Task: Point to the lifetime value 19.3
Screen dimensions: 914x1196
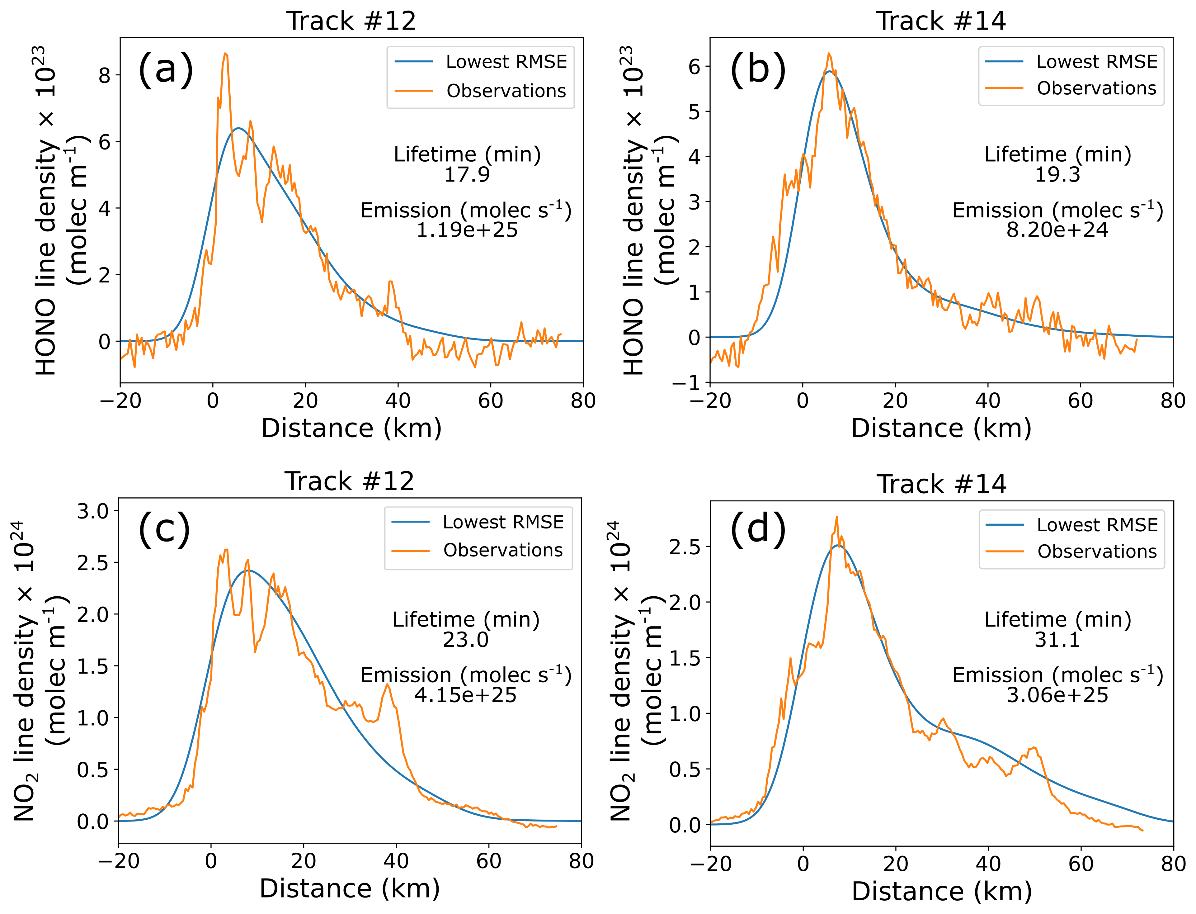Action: pos(1057,175)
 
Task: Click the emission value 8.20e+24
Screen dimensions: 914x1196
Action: pos(1057,230)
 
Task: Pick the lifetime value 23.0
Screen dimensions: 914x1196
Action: pos(466,640)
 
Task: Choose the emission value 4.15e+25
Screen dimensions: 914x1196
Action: pos(466,695)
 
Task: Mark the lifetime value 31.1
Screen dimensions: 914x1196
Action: pos(1057,640)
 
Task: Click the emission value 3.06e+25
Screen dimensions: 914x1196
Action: pos(1057,695)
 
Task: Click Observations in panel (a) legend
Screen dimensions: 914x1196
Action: pos(506,91)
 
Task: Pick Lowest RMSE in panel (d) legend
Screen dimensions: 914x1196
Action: pos(1097,525)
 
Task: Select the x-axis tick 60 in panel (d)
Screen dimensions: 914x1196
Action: pos(1081,864)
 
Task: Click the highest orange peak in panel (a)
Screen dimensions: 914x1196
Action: pos(225,54)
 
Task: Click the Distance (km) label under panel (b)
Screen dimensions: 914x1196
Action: pos(941,428)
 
